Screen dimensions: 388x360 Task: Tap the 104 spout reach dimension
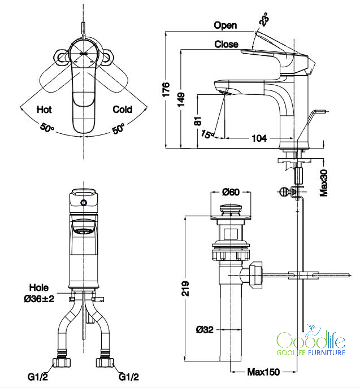(259, 138)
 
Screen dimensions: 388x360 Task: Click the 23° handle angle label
(264, 20)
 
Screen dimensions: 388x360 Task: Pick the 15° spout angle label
(207, 134)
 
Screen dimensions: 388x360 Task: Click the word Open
(225, 25)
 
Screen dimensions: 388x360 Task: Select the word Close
(226, 44)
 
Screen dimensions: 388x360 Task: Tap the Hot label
(44, 109)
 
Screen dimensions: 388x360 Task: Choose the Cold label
(123, 109)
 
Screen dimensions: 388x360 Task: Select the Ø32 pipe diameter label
(205, 329)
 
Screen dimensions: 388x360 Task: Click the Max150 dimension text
(263, 372)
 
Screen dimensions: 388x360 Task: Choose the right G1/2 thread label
(129, 376)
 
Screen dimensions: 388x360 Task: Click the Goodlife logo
(311, 342)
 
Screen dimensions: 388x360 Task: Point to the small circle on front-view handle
(84, 202)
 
